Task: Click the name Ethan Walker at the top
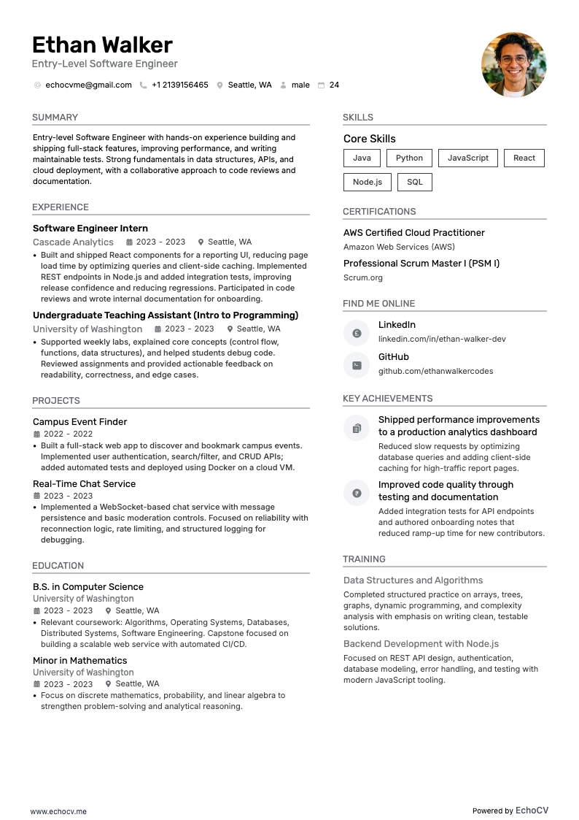pos(102,45)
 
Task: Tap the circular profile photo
pos(513,65)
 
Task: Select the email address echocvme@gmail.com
pos(88,85)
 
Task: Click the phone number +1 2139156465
pos(179,85)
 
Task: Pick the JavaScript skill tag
pos(467,158)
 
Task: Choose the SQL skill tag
pos(414,182)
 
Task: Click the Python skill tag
pos(409,158)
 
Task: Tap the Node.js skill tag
pos(367,182)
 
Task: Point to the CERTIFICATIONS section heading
pos(379,211)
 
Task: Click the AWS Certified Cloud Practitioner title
pos(413,232)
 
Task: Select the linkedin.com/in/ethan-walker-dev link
pos(441,339)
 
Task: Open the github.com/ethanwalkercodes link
pos(435,371)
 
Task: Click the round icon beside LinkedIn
pos(357,333)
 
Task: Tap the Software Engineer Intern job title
pos(90,228)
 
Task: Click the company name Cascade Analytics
pos(73,242)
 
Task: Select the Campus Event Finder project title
pos(79,421)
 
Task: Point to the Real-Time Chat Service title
pos(84,483)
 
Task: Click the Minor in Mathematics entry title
pos(79,660)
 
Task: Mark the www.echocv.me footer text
pos(58,811)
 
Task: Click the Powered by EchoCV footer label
pos(510,811)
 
